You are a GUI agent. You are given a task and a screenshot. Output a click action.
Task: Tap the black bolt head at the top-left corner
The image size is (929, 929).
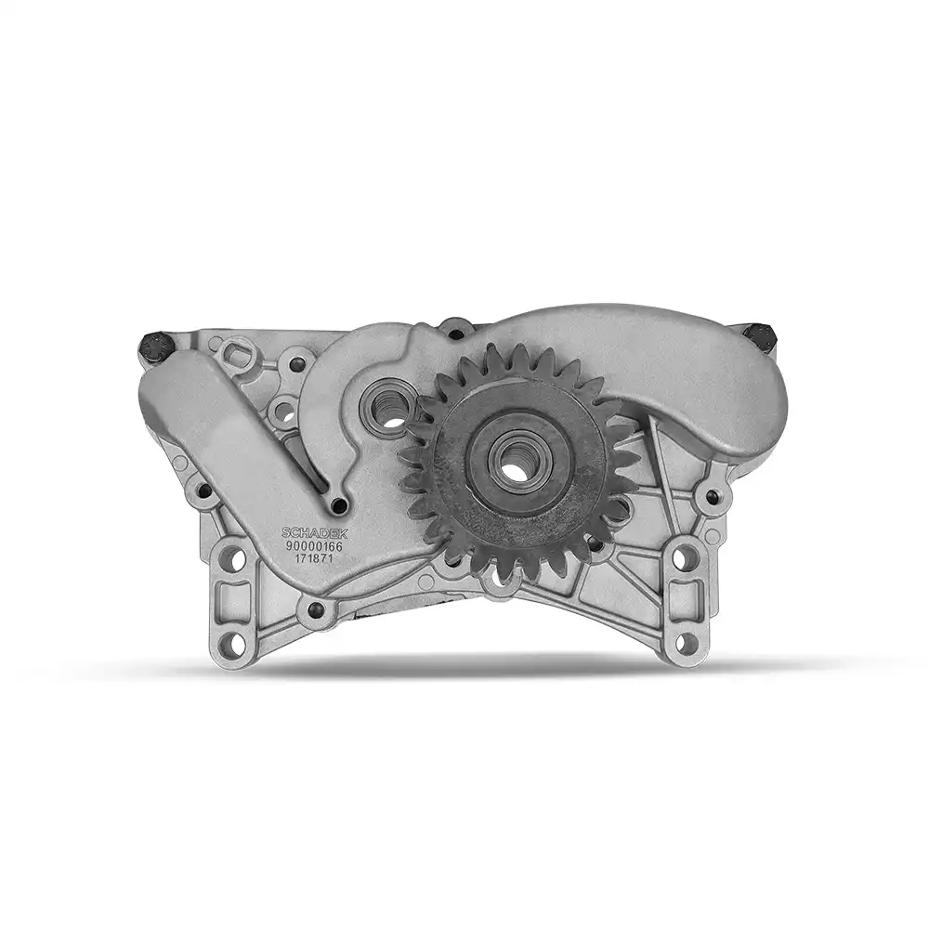click(x=156, y=347)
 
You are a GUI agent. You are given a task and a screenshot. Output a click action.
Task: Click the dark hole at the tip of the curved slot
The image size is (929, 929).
click(x=339, y=505)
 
